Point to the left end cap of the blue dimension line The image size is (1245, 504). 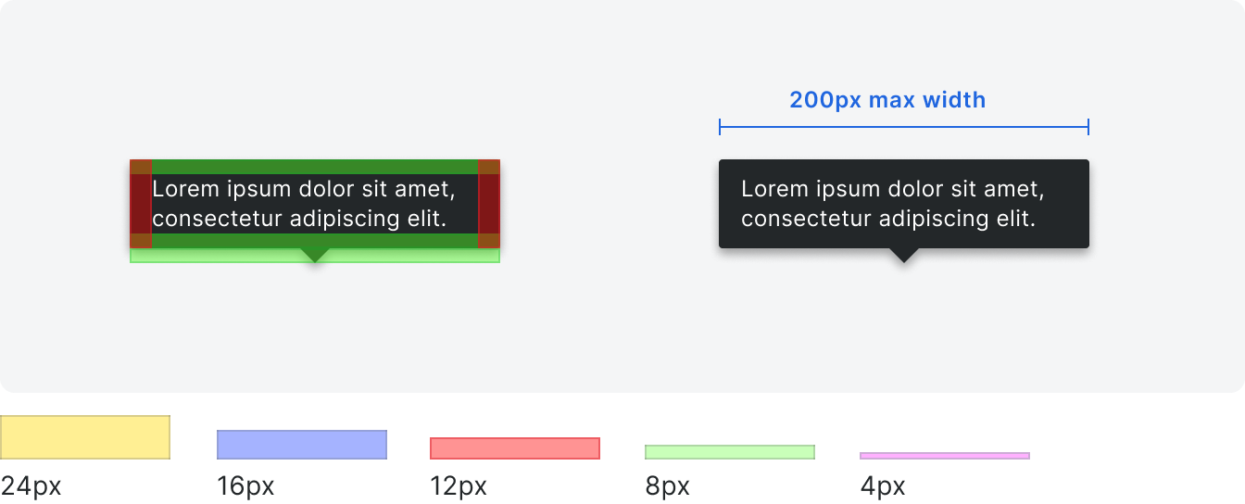click(x=720, y=127)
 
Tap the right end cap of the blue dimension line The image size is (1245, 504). click(x=1088, y=127)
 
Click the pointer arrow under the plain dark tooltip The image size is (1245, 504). click(x=904, y=255)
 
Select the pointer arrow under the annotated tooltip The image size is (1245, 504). click(x=315, y=255)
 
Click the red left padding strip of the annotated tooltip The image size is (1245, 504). click(x=141, y=204)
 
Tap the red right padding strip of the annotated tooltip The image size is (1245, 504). click(x=489, y=204)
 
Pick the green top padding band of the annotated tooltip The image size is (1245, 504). click(x=315, y=167)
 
